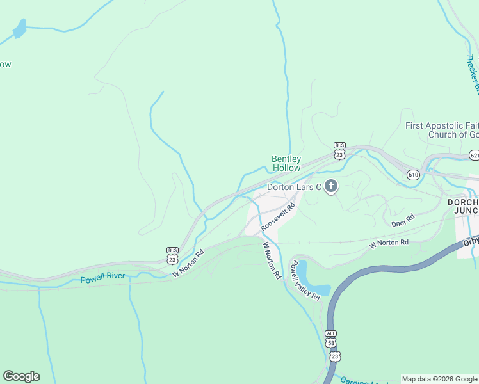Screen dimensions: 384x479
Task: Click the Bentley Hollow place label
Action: click(x=286, y=163)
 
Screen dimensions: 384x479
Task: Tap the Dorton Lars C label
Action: click(x=293, y=187)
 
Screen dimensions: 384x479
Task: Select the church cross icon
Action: click(x=330, y=187)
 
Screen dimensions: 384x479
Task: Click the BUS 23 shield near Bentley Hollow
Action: click(x=339, y=151)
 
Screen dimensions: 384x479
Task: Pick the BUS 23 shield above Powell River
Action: click(x=172, y=255)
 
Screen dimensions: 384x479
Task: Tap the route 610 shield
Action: click(x=413, y=174)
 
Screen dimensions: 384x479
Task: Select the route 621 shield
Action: click(x=474, y=156)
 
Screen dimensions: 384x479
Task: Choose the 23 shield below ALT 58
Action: click(x=336, y=355)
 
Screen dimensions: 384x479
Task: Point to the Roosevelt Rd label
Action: click(x=278, y=218)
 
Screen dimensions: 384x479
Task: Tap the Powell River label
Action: click(x=104, y=279)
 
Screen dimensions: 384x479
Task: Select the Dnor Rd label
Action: click(x=403, y=220)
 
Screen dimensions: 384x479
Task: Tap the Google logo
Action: click(x=21, y=376)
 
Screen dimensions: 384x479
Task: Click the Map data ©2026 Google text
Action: click(x=439, y=379)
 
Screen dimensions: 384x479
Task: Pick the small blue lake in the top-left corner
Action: click(x=19, y=28)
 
